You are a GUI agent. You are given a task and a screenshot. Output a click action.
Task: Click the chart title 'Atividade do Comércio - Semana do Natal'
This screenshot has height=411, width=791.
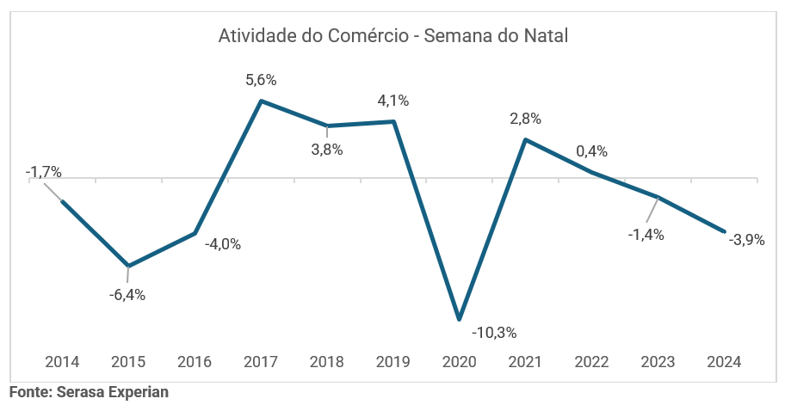(394, 36)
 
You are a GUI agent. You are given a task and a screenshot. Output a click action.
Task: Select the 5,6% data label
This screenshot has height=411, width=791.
(261, 80)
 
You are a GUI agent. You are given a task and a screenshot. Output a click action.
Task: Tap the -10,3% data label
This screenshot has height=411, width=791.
(494, 332)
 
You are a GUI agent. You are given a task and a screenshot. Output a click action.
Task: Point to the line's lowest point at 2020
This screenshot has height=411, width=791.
(460, 319)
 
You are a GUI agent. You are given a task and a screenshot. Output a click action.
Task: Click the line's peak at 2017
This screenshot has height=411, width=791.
(261, 101)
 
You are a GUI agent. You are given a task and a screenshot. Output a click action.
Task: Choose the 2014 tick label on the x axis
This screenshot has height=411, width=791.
(62, 361)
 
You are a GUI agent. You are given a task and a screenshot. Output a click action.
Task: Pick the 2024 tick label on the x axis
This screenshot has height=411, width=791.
(724, 361)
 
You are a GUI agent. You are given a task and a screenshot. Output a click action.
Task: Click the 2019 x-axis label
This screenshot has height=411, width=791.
(393, 361)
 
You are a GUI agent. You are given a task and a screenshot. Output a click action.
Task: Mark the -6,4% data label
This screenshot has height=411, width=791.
(127, 295)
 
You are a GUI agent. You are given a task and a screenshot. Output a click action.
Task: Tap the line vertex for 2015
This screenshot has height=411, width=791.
(128, 266)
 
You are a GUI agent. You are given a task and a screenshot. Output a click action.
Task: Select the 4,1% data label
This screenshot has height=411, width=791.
(393, 101)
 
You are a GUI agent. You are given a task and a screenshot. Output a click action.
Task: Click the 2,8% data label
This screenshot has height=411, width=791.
(525, 119)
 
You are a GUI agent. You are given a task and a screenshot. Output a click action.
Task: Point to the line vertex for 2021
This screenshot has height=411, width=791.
(525, 139)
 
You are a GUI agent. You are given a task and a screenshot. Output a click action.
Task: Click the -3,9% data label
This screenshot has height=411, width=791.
(746, 241)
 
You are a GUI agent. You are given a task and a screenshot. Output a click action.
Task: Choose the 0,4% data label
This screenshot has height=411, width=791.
(591, 151)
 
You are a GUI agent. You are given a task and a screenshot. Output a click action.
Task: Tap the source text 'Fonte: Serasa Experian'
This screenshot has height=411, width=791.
(89, 392)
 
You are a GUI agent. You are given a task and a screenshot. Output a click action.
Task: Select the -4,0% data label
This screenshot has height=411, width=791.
(223, 244)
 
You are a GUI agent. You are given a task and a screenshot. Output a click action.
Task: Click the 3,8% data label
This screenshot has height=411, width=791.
(327, 150)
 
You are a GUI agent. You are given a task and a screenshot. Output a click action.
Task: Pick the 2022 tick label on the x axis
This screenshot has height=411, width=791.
(591, 361)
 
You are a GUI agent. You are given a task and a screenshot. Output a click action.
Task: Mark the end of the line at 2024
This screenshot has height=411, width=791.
(724, 231)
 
